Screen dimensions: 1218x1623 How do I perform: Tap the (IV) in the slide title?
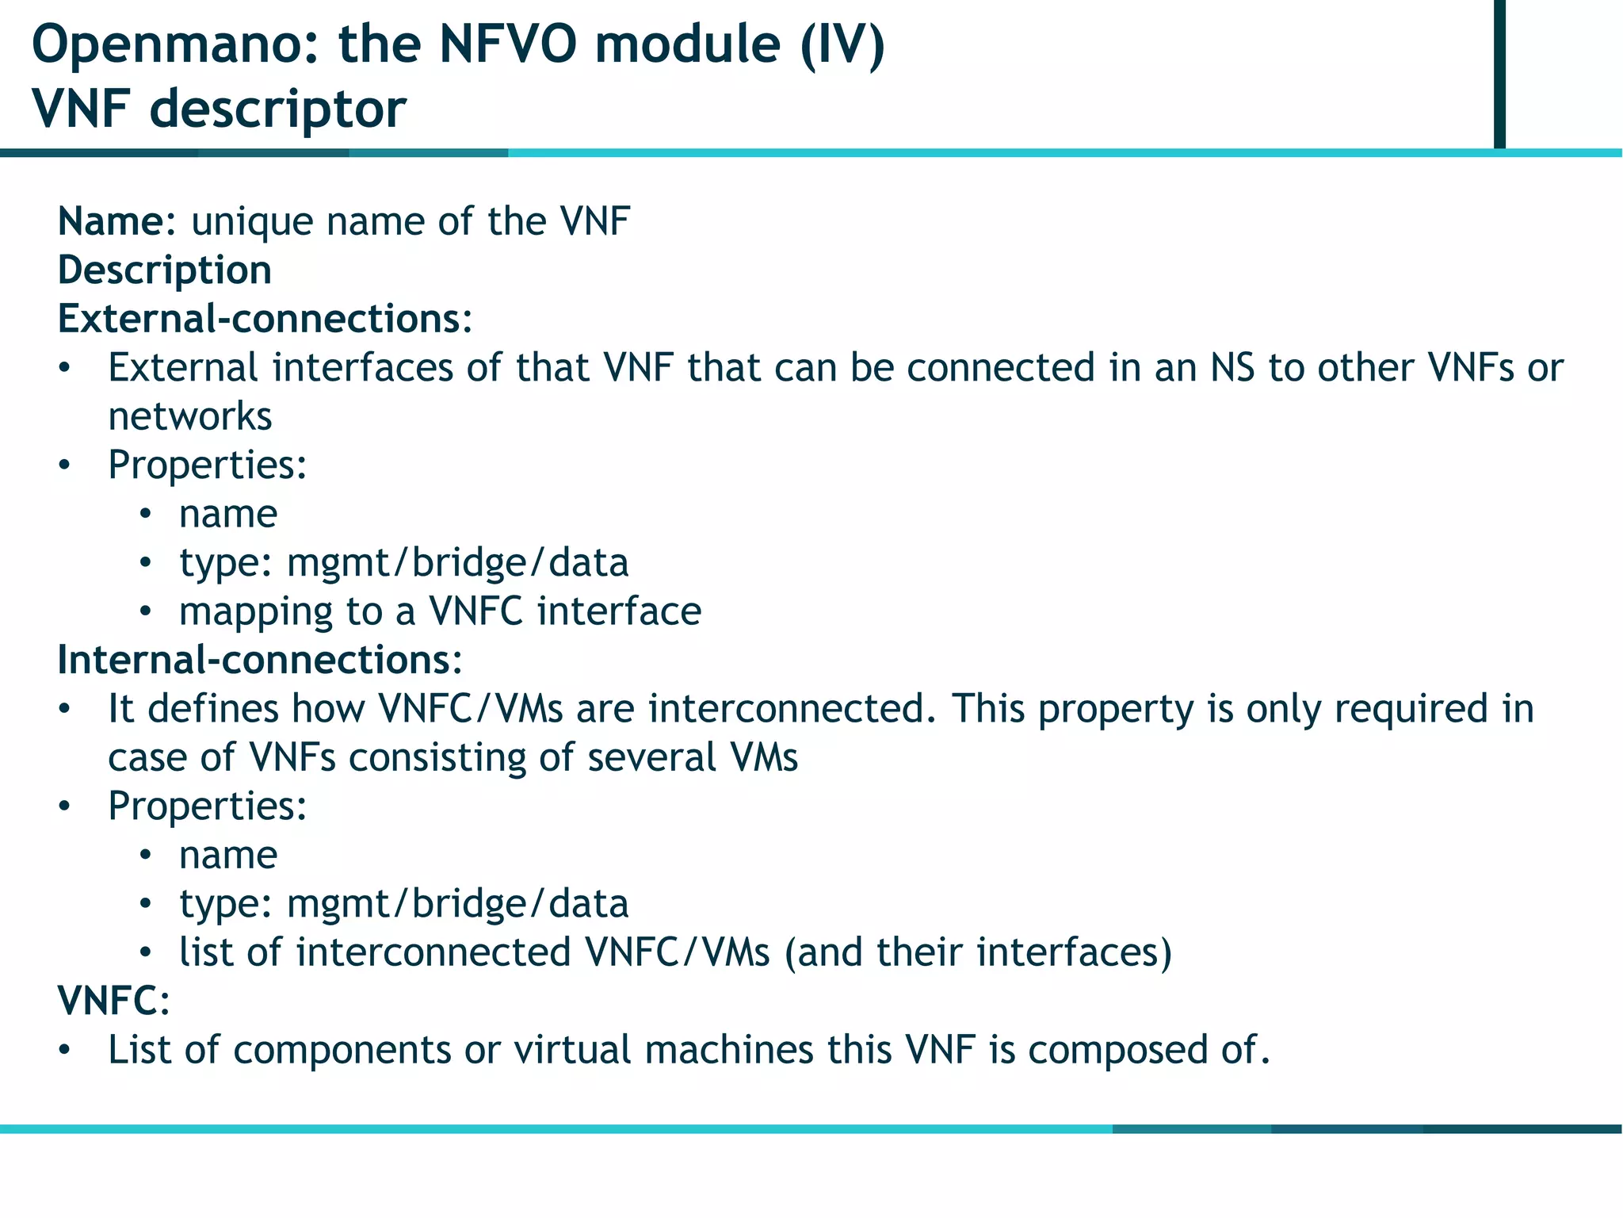842,44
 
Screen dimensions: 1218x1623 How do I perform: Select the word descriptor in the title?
277,108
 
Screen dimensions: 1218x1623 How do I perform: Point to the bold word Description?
165,270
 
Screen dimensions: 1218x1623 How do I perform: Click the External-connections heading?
265,319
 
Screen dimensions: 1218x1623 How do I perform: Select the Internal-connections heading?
260,660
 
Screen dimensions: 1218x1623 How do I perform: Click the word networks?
190,416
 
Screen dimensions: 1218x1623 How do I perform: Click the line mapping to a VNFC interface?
440,611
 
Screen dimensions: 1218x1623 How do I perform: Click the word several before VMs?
652,757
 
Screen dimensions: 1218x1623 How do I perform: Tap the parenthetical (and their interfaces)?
978,952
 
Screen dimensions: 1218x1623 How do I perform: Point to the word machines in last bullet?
728,1050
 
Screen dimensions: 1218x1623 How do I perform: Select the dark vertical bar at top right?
1499,73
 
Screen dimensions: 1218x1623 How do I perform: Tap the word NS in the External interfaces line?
1232,368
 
